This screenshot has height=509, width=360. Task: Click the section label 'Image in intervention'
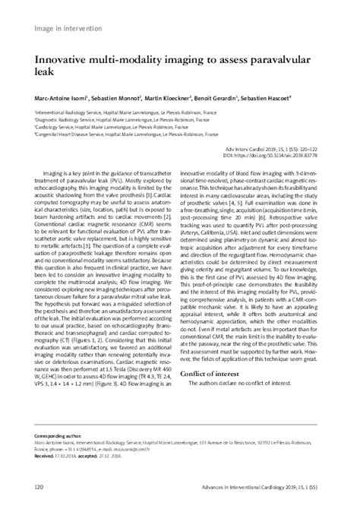click(68, 28)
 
